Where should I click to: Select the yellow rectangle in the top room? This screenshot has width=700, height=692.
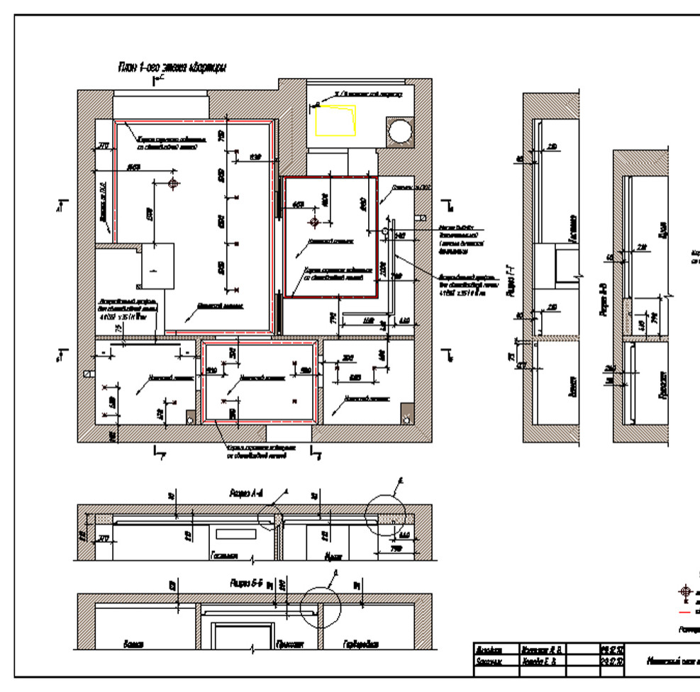click(x=335, y=119)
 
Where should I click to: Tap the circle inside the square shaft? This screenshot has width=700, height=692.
click(x=401, y=132)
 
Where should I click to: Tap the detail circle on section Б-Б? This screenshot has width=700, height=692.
click(x=321, y=607)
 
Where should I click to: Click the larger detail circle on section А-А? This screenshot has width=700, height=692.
click(x=385, y=514)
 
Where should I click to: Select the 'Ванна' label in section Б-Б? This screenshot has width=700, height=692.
click(x=135, y=644)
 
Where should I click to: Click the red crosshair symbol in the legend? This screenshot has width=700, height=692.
click(x=685, y=591)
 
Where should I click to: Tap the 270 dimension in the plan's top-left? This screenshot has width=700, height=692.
click(x=104, y=147)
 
